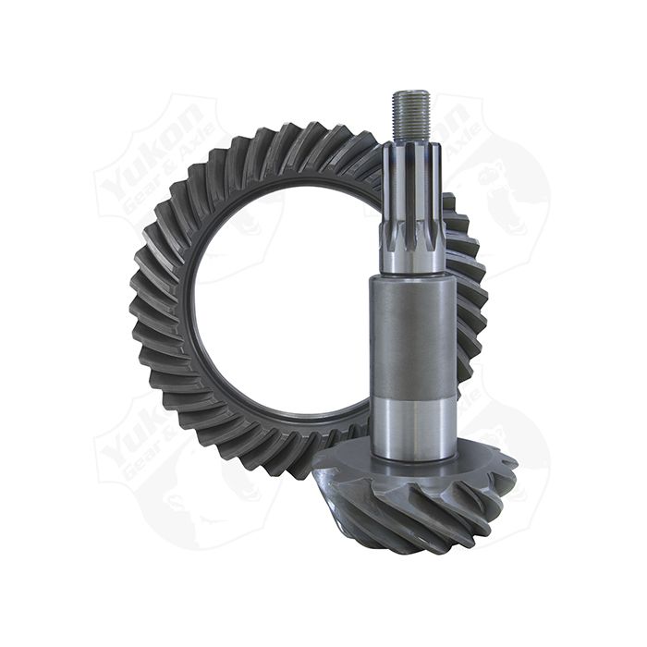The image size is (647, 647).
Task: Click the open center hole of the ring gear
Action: pos(277,305)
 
